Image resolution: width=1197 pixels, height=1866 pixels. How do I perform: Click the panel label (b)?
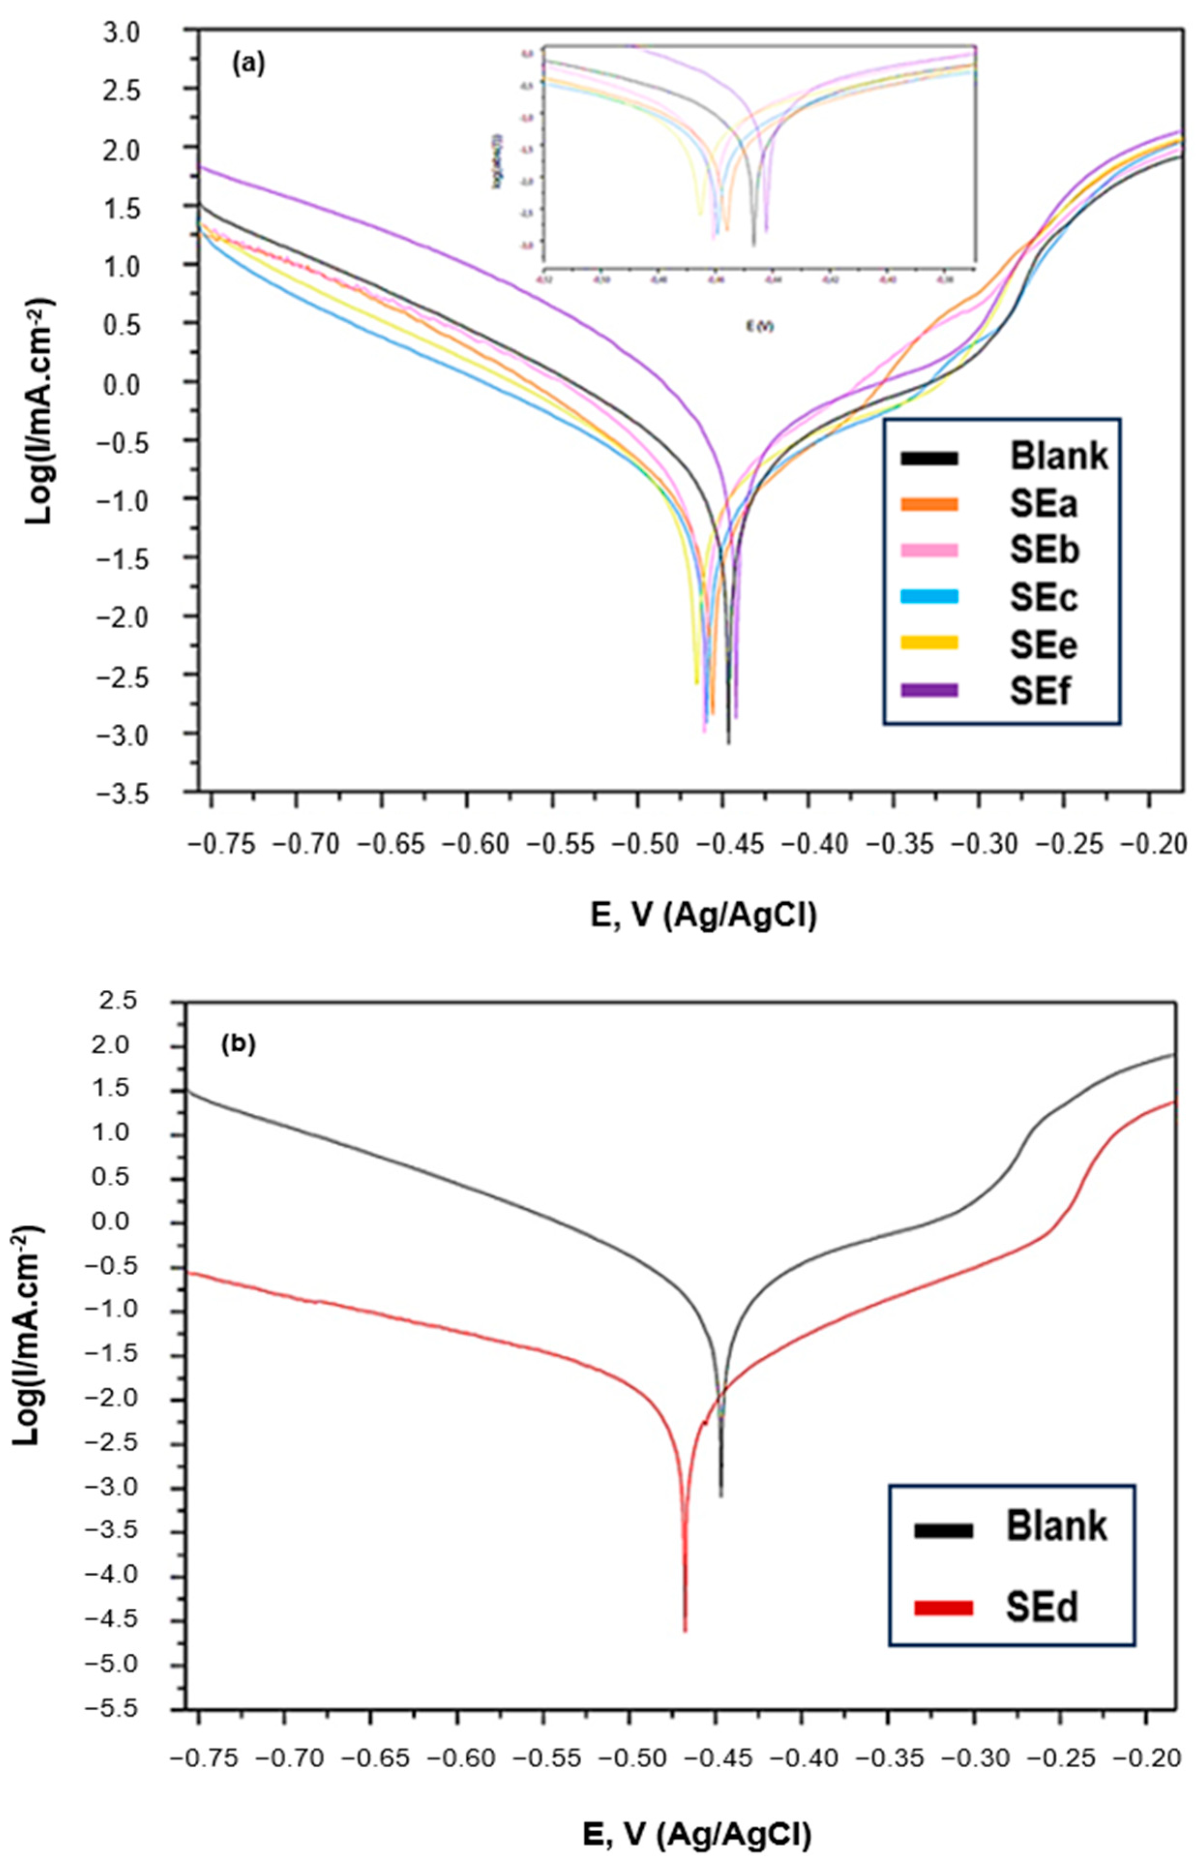238,1045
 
